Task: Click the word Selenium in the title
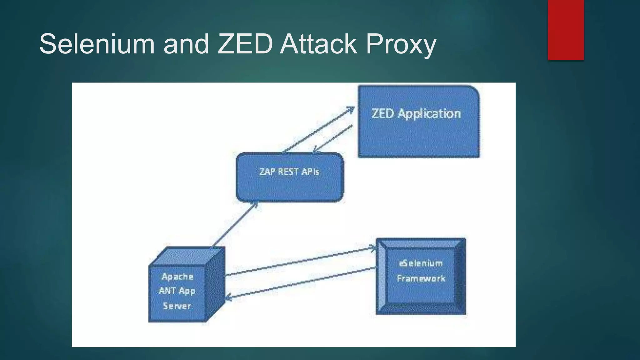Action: point(97,44)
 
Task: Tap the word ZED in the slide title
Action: point(245,44)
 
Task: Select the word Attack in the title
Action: point(318,44)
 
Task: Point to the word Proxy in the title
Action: point(401,45)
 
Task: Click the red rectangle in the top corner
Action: point(566,30)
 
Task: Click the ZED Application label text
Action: point(416,113)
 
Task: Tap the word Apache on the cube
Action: point(177,277)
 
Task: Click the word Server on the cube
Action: point(177,306)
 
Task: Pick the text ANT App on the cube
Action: point(177,291)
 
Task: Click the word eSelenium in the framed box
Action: point(421,263)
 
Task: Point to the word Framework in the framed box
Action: point(421,278)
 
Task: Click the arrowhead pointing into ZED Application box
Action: point(351,109)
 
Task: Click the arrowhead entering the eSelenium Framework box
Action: point(373,248)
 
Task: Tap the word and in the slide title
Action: point(186,44)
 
